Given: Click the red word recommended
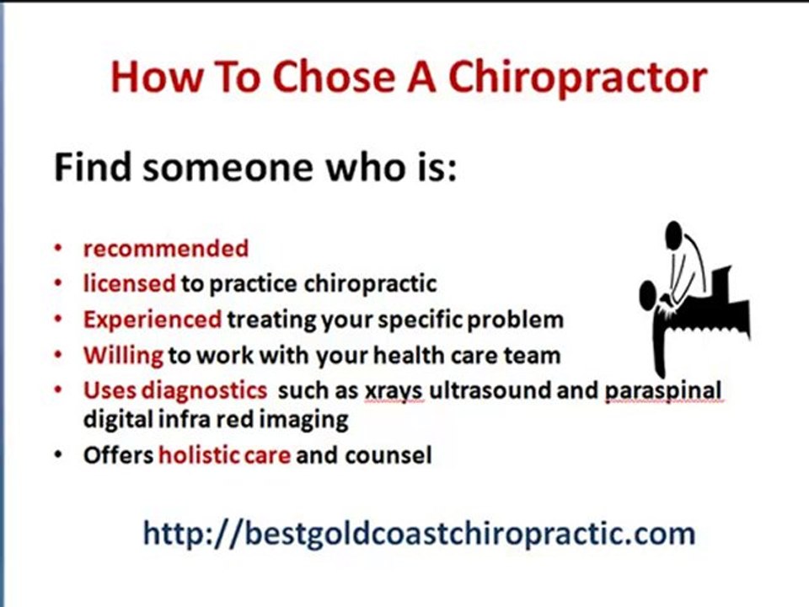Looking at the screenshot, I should click(x=165, y=249).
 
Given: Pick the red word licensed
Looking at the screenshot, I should click(x=129, y=284).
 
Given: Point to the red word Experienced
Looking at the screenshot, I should click(x=152, y=320).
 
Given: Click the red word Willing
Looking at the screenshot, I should click(x=123, y=355).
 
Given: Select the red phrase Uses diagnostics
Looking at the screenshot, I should click(x=174, y=391).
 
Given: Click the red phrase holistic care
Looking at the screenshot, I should click(x=224, y=456).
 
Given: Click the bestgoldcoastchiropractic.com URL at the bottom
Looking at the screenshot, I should click(x=419, y=533).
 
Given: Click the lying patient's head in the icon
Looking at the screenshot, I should click(x=648, y=294).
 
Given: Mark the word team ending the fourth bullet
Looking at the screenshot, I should click(x=533, y=355).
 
